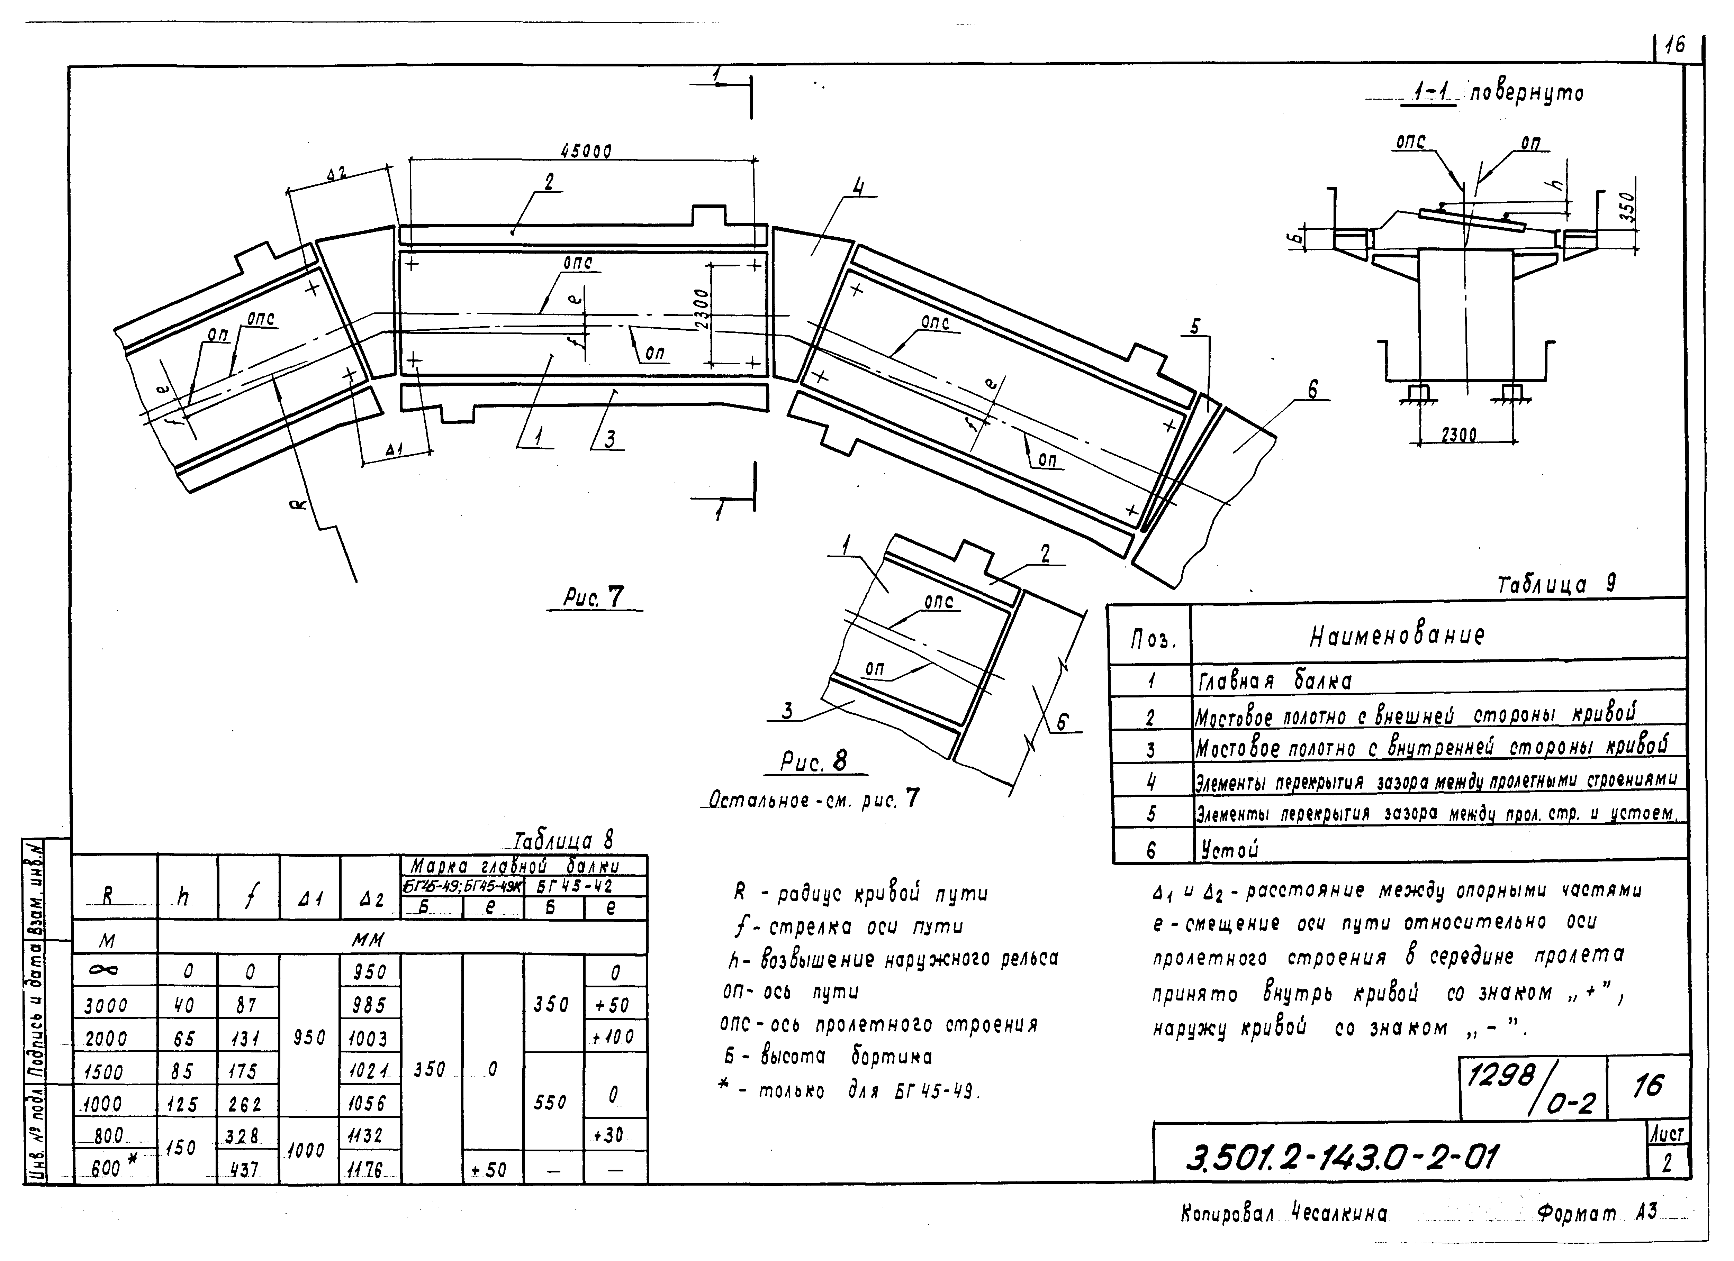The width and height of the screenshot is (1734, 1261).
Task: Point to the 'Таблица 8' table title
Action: pyautogui.click(x=564, y=841)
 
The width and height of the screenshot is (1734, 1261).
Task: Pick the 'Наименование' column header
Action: pyautogui.click(x=1397, y=635)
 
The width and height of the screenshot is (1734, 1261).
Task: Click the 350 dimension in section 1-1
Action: pyautogui.click(x=1627, y=207)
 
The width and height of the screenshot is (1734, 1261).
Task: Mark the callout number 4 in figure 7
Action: pyautogui.click(x=859, y=186)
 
